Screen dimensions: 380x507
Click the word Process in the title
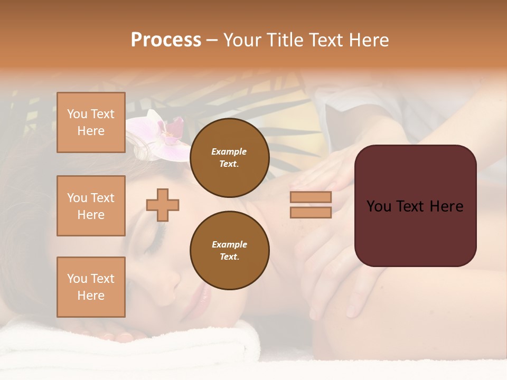pyautogui.click(x=166, y=40)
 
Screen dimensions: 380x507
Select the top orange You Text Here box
pyautogui.click(x=91, y=122)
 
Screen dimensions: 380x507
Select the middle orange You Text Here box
pyautogui.click(x=91, y=206)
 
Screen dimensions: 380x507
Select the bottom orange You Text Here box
pyautogui.click(x=91, y=287)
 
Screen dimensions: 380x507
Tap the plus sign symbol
pyautogui.click(x=163, y=205)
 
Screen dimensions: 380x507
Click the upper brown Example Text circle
pyautogui.click(x=229, y=157)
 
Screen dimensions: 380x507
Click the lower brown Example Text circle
pyautogui.click(x=229, y=250)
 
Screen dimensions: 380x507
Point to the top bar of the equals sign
pyautogui.click(x=311, y=197)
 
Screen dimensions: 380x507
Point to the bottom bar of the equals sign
pyautogui.click(x=311, y=212)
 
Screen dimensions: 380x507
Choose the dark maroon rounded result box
pyautogui.click(x=415, y=205)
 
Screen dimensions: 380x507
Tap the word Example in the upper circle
pyautogui.click(x=229, y=151)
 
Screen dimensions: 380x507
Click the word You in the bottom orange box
pyautogui.click(x=77, y=279)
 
